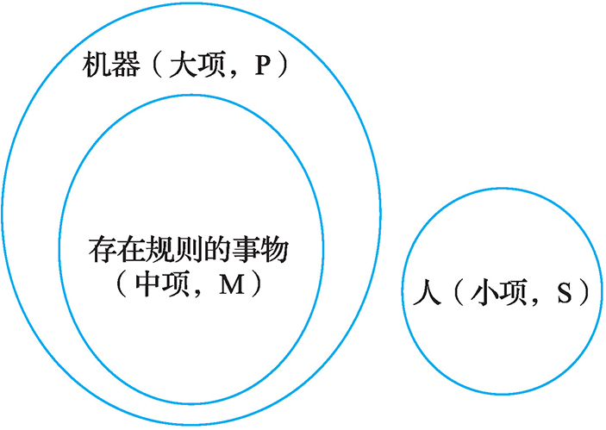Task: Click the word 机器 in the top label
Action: (112, 65)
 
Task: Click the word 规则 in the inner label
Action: (177, 251)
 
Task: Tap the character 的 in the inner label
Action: (222, 251)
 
